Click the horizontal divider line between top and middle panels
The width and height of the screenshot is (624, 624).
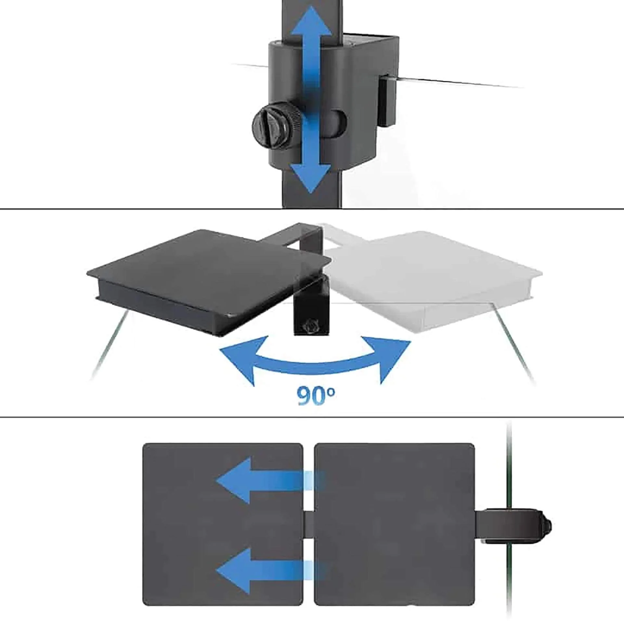[x=312, y=209]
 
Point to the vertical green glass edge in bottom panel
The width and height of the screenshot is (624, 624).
[x=509, y=520]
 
